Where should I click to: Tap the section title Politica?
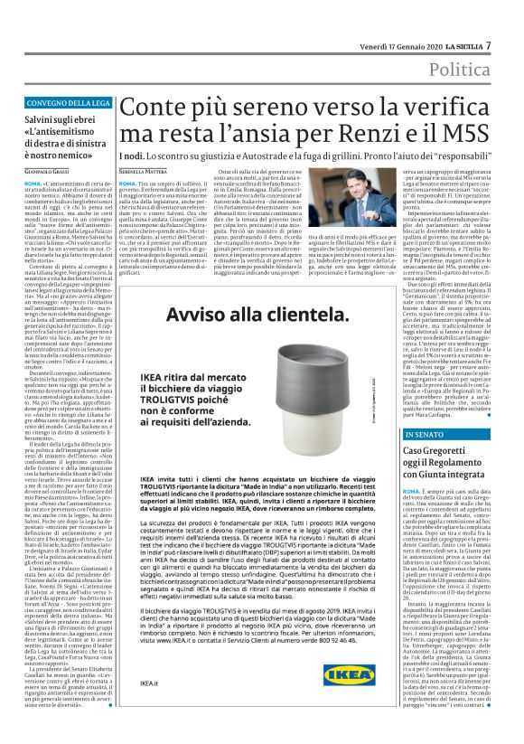(460, 69)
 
